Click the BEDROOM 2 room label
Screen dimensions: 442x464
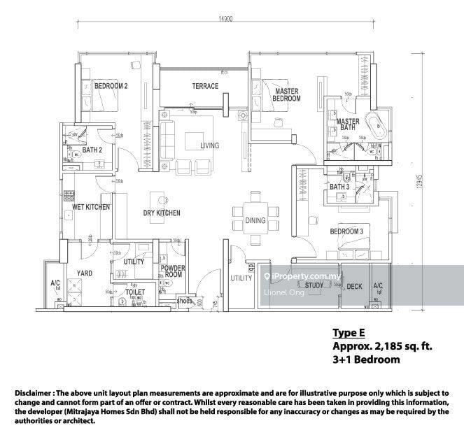pyautogui.click(x=111, y=86)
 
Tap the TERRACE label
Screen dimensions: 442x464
pyautogui.click(x=206, y=87)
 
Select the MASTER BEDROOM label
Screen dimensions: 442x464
pyautogui.click(x=287, y=95)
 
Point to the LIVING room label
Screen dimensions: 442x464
pyautogui.click(x=209, y=145)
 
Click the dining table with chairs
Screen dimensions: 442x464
pyautogui.click(x=255, y=221)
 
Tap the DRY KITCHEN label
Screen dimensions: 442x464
pyautogui.click(x=162, y=213)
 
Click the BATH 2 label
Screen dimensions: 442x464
pyautogui.click(x=92, y=150)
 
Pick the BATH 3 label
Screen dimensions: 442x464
pyautogui.click(x=339, y=187)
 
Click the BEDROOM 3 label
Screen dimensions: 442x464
pyautogui.click(x=346, y=231)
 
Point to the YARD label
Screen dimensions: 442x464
pyautogui.click(x=74, y=274)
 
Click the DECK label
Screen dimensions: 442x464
pyautogui.click(x=354, y=286)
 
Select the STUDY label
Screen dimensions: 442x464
pyautogui.click(x=314, y=285)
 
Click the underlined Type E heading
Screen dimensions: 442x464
pyautogui.click(x=349, y=333)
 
